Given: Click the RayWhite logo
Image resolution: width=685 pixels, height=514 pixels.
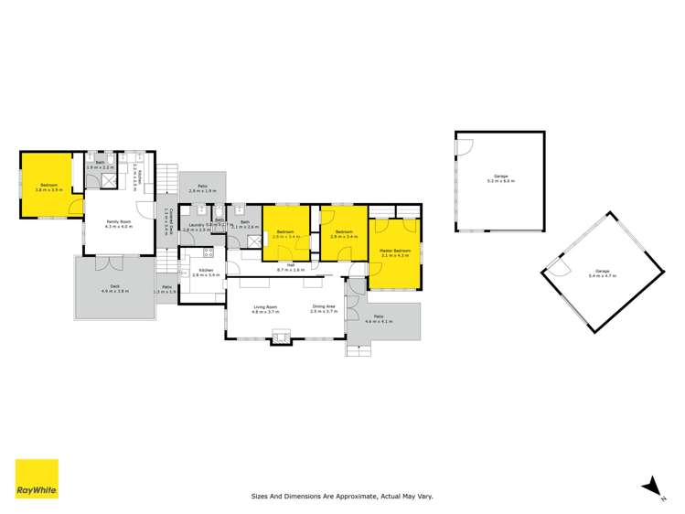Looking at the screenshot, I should tap(37, 480).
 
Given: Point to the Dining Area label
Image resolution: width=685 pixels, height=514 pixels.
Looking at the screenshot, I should tap(325, 309).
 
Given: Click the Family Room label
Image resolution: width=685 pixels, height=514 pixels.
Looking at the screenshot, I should tap(120, 223).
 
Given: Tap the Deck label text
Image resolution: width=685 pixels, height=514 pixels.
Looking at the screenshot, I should tap(115, 288).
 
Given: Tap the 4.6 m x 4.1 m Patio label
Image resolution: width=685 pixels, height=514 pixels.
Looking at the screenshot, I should tap(379, 318).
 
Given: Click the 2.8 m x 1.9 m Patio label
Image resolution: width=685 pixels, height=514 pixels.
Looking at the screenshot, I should tap(201, 187).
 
